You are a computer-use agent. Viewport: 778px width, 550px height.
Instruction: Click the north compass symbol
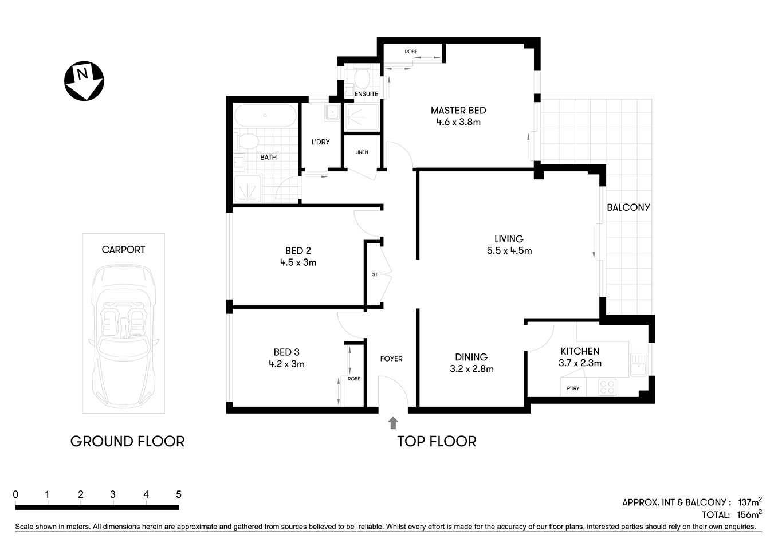84,80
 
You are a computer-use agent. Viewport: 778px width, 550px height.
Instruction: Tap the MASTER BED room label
458,111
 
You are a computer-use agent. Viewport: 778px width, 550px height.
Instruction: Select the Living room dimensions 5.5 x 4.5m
509,251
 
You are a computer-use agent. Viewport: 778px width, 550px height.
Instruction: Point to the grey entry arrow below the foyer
393,423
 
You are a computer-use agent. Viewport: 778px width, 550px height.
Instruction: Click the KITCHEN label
580,351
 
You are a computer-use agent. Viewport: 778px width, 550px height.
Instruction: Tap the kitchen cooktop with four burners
607,387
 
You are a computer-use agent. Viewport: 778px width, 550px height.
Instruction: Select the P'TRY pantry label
573,388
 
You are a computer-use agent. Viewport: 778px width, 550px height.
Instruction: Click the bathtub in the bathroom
265,116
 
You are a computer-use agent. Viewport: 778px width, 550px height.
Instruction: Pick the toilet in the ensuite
362,77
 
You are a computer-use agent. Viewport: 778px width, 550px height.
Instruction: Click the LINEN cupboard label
362,152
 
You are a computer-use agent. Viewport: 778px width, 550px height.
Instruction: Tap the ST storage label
375,275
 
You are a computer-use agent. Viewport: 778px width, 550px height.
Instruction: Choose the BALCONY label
628,207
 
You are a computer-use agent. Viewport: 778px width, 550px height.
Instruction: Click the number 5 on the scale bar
179,494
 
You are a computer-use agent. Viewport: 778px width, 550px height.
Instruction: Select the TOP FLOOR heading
437,441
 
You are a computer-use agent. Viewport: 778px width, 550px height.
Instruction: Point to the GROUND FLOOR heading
127,441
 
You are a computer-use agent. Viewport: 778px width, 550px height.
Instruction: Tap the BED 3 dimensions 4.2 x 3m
286,364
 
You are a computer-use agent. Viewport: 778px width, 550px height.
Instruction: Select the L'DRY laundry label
320,142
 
